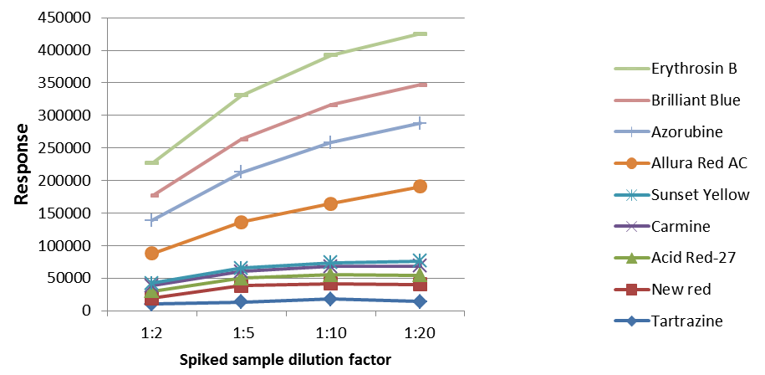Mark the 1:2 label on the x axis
coord(152,332)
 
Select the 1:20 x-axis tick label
coord(420,332)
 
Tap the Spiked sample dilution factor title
coord(284,360)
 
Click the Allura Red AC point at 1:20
coord(420,186)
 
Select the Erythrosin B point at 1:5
coord(242,95)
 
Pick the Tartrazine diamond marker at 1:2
coord(152,303)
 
